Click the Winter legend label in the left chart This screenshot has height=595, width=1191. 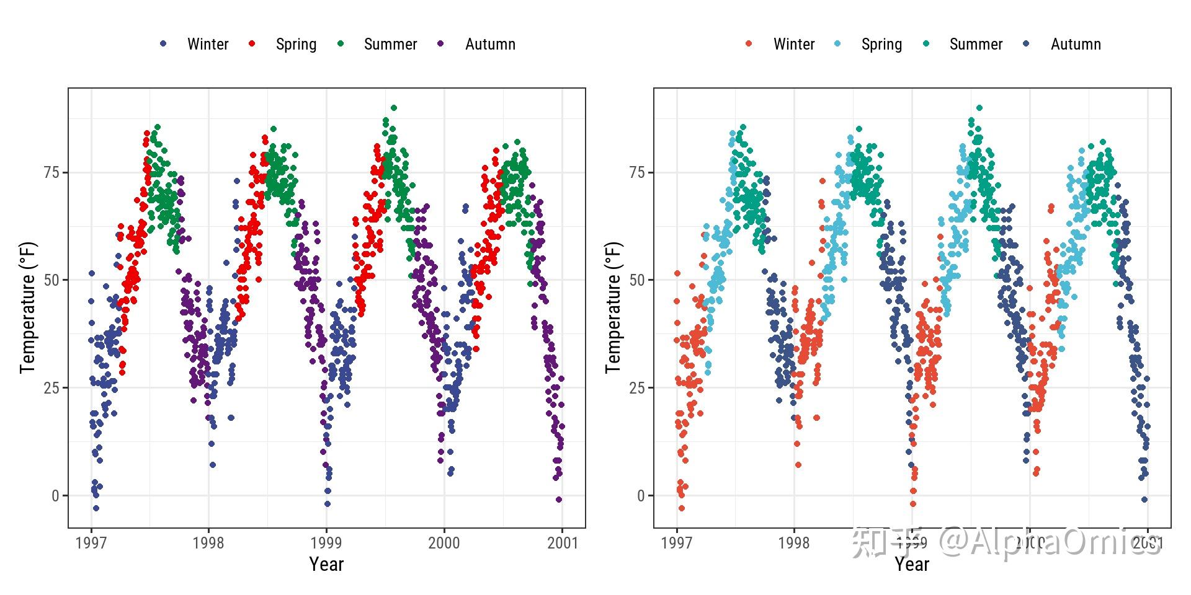pyautogui.click(x=208, y=44)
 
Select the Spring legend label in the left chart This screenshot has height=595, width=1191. pyautogui.click(x=296, y=44)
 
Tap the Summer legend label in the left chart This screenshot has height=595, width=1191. pyautogui.click(x=390, y=44)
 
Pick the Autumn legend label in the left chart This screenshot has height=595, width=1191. pyautogui.click(x=490, y=44)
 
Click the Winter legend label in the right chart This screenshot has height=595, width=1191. pyautogui.click(x=793, y=44)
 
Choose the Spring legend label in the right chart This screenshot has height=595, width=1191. pyautogui.click(x=881, y=44)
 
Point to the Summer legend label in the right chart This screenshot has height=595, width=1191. pyautogui.click(x=976, y=44)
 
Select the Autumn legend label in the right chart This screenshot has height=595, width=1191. pyautogui.click(x=1076, y=44)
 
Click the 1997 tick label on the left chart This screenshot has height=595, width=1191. pyautogui.click(x=91, y=543)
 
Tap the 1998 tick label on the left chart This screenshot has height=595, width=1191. pyautogui.click(x=208, y=543)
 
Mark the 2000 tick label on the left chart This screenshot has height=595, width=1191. pyautogui.click(x=444, y=543)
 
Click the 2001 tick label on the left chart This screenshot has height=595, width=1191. pyautogui.click(x=562, y=543)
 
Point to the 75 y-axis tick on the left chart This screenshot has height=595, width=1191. pyautogui.click(x=51, y=172)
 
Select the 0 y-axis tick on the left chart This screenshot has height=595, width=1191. pyautogui.click(x=56, y=496)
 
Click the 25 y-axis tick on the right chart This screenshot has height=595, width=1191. pyautogui.click(x=637, y=388)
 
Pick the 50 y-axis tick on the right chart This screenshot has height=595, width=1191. pyautogui.click(x=637, y=280)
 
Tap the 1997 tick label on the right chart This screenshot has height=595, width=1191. pyautogui.click(x=677, y=543)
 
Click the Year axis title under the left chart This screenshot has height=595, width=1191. pyautogui.click(x=326, y=564)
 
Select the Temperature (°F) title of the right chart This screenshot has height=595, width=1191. pyautogui.click(x=613, y=307)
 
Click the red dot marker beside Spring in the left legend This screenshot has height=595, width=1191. pyautogui.click(x=252, y=43)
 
